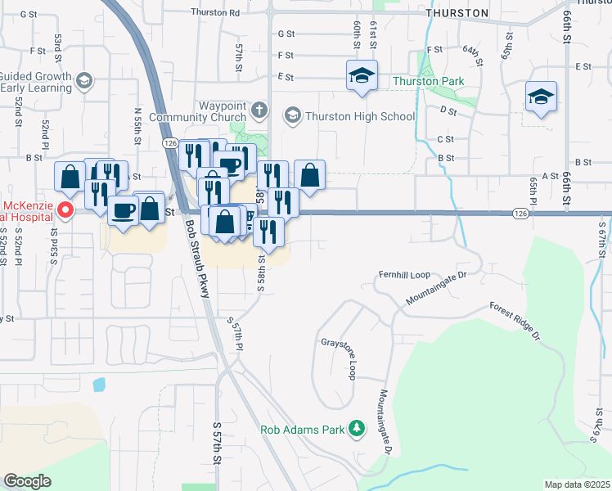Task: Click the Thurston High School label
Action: click(360, 116)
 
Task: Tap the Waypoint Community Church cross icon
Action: click(259, 110)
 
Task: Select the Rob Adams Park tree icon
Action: click(356, 428)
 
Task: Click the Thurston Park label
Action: click(428, 81)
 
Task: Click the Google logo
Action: click(27, 481)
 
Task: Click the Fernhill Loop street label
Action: click(403, 274)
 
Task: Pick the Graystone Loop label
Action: click(340, 359)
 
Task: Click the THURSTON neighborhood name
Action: click(457, 13)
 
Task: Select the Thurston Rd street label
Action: click(214, 12)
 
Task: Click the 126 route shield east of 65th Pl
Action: click(521, 213)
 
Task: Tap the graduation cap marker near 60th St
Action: click(362, 78)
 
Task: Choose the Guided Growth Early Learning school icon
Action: click(84, 81)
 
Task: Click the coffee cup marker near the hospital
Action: click(123, 211)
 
